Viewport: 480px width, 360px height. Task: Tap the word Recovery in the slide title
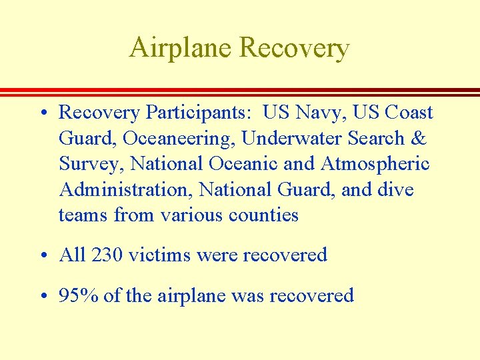293,48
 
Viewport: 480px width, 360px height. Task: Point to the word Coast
409,113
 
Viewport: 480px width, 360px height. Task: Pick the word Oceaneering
177,139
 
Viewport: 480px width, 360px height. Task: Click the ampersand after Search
419,138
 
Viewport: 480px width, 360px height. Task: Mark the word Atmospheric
376,164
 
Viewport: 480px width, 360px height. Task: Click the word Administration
125,189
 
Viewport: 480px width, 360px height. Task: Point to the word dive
395,189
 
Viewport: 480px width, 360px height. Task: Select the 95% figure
79,295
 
